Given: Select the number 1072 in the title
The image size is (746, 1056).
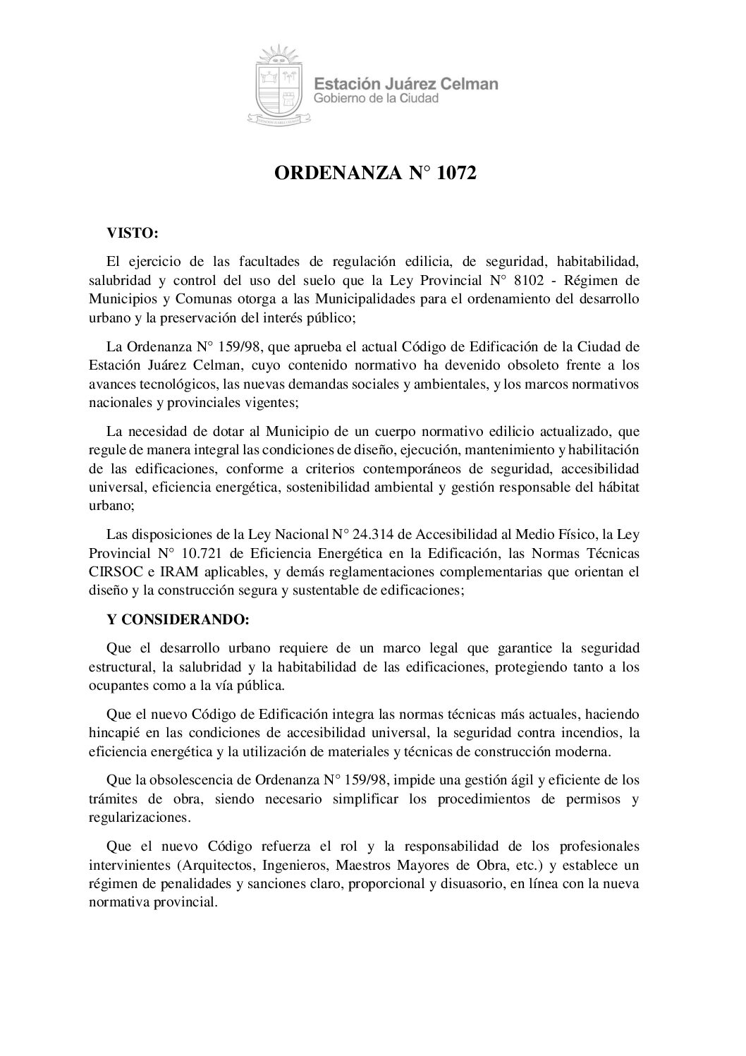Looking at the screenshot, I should (457, 174).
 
